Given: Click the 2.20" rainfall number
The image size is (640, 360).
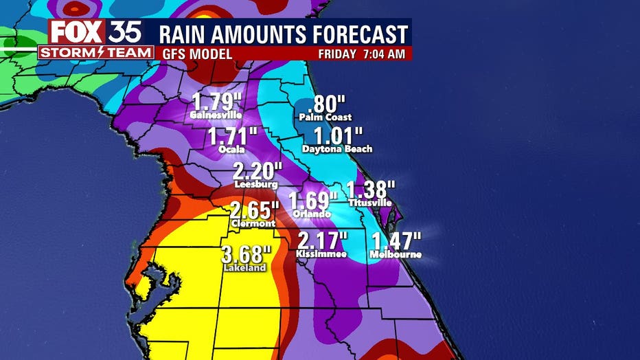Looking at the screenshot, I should point(257,171).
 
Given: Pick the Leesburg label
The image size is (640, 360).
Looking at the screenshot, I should point(255,185).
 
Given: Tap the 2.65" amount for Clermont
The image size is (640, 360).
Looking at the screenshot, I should point(254,210).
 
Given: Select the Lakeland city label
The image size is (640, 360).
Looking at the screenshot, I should point(243,269).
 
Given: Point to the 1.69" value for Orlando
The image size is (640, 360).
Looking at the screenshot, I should point(312,202).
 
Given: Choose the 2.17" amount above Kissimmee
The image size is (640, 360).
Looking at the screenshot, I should point(322,241).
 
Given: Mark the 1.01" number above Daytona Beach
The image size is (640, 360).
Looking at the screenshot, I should point(336,136).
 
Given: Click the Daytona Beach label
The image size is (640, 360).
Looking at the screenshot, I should point(337,149).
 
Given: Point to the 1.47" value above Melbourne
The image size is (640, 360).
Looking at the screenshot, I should point(396,241).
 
